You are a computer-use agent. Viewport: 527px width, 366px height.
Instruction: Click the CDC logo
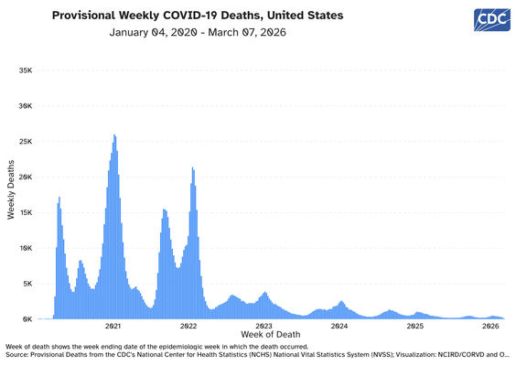point(492,20)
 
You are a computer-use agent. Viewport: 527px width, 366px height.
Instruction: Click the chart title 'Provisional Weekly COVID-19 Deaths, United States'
point(198,16)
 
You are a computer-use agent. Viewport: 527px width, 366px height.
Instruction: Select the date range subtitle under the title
point(198,32)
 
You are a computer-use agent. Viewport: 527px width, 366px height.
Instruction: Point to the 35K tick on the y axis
point(26,70)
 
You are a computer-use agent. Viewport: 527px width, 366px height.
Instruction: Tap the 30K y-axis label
point(26,106)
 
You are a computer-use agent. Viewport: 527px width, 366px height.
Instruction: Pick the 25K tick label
point(26,142)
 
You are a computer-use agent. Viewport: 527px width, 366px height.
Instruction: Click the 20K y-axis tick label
point(26,178)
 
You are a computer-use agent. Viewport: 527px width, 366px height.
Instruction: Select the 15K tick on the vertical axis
point(26,213)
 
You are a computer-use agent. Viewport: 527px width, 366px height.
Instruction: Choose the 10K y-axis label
point(26,248)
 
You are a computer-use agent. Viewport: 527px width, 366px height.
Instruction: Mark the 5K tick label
point(27,284)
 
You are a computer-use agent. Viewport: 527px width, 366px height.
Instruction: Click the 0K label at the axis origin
point(27,319)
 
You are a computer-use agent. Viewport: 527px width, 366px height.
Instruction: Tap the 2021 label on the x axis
point(113,327)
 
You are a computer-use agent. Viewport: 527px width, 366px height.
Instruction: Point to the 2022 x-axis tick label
point(188,327)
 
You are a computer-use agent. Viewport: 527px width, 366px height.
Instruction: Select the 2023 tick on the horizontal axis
point(263,327)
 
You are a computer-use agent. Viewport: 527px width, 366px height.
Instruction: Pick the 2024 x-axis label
point(339,327)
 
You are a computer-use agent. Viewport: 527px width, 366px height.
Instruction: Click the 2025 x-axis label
point(415,327)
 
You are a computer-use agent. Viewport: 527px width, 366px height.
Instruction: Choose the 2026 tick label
point(490,327)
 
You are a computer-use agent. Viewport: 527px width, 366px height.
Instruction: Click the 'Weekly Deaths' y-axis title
point(11,190)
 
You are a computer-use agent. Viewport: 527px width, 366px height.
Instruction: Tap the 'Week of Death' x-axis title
point(271,335)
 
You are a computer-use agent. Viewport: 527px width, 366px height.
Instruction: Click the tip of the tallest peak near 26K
point(114,135)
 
